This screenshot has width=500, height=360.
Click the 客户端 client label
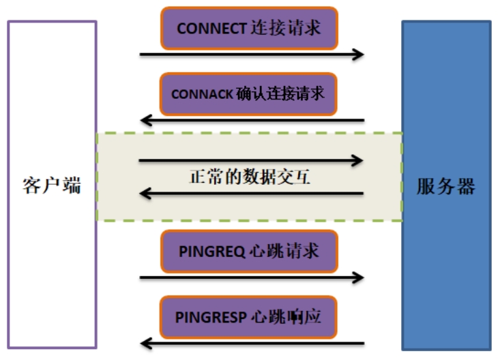coord(52,185)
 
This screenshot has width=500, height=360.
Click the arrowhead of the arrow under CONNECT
coord(359,54)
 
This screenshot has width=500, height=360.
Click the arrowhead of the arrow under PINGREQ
coord(359,277)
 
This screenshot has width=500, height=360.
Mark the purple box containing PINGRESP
coord(248,316)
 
